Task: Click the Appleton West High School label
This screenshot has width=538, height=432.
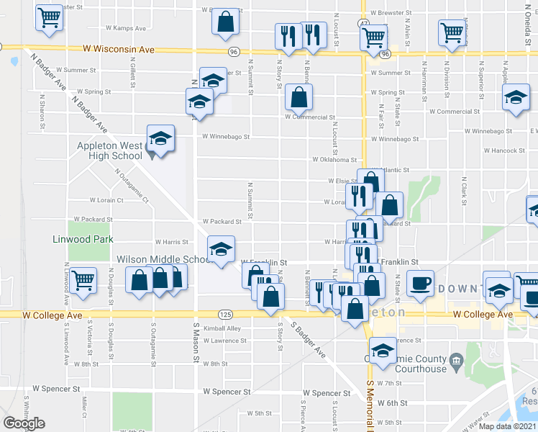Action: point(110,150)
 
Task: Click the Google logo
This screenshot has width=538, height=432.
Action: point(24,423)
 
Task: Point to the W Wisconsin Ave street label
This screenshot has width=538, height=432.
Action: point(119,50)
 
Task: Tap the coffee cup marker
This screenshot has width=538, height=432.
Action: point(420,282)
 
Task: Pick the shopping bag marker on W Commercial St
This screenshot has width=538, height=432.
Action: point(298,96)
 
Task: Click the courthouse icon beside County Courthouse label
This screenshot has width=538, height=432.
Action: point(455,359)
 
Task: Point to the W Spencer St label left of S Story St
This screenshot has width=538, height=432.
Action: point(227,392)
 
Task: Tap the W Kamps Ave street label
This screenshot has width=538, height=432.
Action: point(126,28)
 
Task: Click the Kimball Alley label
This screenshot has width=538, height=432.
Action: point(222,328)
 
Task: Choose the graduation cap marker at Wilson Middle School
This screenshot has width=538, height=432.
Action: point(221,249)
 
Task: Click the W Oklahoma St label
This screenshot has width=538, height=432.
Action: point(334,160)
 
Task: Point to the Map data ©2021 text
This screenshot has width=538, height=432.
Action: point(508,426)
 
